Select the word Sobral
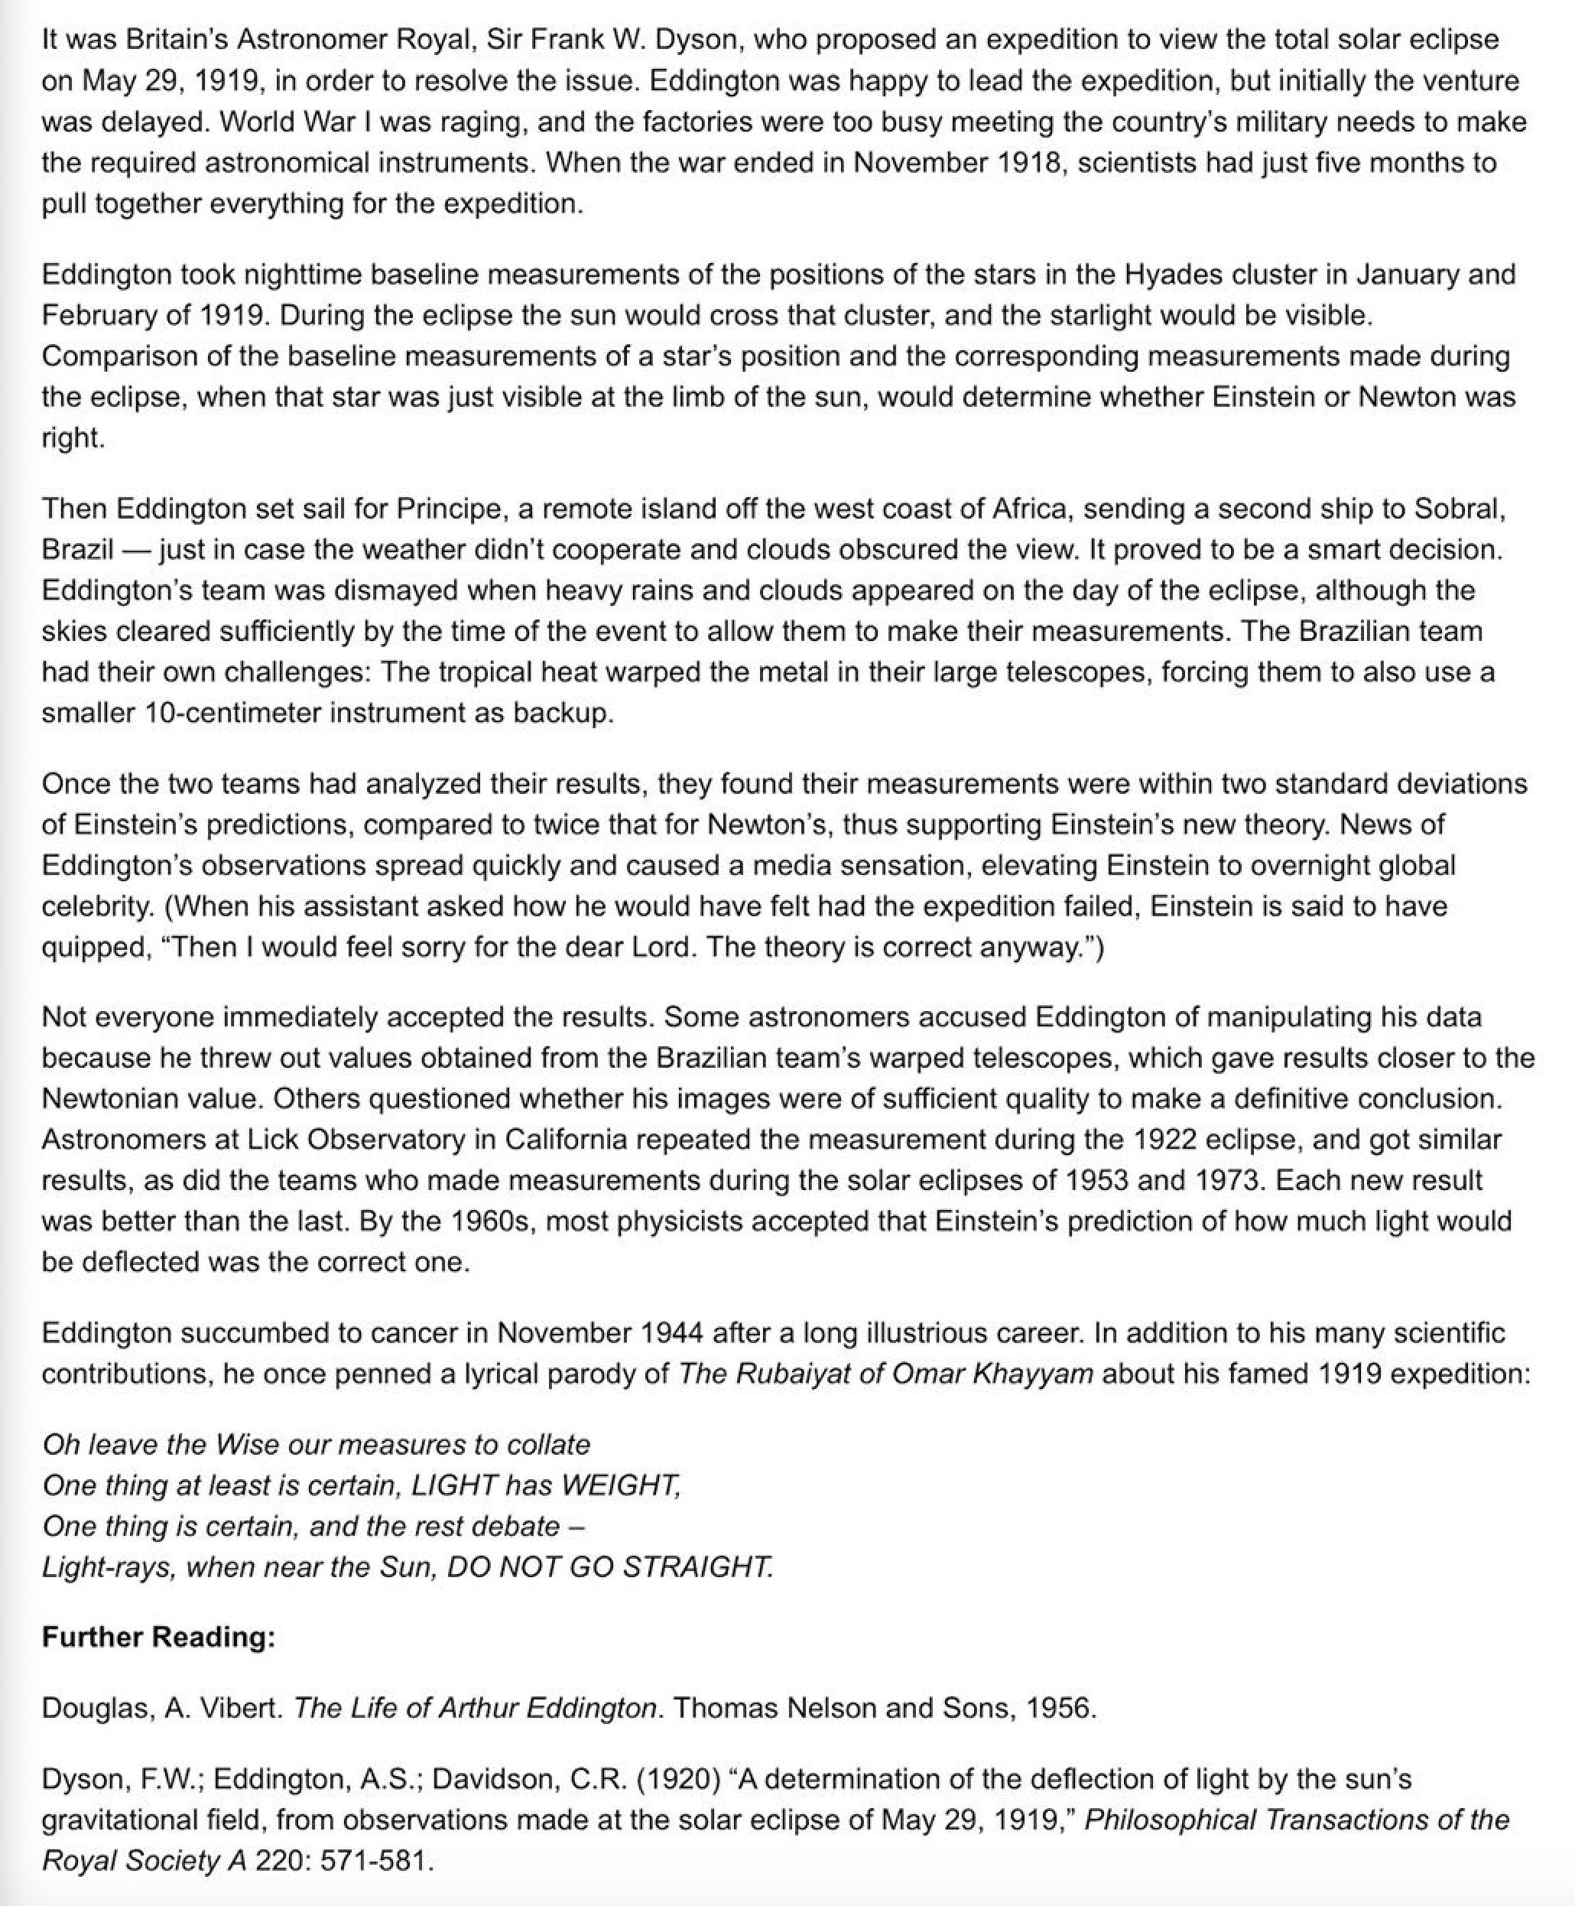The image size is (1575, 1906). (x=1458, y=509)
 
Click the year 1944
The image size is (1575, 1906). (x=671, y=1332)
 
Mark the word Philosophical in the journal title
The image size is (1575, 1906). (x=1170, y=1820)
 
